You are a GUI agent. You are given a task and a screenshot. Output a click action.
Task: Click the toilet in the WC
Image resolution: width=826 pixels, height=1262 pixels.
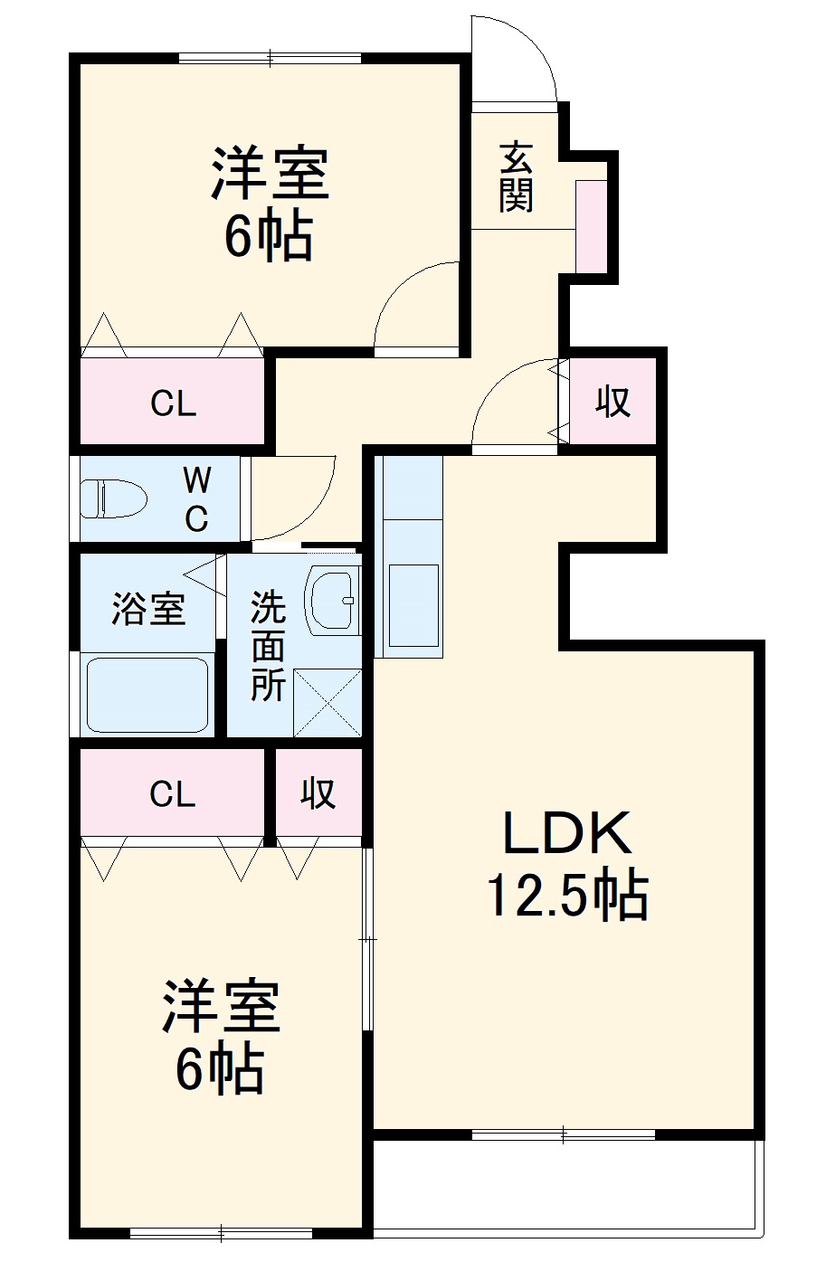(x=113, y=498)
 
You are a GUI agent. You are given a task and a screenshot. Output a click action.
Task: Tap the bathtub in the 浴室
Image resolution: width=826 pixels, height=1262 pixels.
(x=147, y=694)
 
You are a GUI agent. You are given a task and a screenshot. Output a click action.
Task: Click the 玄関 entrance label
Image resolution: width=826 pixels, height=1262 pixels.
(x=516, y=177)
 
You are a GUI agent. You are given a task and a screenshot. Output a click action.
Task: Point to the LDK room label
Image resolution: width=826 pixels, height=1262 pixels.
(x=566, y=834)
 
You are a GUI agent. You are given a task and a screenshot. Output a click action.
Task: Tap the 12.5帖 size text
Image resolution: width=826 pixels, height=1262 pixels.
(x=567, y=896)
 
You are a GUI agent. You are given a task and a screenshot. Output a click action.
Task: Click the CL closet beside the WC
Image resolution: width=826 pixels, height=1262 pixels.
(x=173, y=403)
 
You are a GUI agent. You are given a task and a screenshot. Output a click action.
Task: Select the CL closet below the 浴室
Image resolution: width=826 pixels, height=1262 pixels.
(x=173, y=793)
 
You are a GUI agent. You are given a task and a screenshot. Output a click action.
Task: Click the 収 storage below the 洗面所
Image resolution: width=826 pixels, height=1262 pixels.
(x=318, y=793)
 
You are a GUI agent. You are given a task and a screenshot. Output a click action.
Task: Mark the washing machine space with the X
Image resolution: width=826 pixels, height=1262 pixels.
(x=328, y=702)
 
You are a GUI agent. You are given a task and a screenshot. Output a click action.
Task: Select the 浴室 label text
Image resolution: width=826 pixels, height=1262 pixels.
(x=148, y=608)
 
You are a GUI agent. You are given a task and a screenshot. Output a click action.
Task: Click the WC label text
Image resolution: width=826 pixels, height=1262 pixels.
(x=196, y=498)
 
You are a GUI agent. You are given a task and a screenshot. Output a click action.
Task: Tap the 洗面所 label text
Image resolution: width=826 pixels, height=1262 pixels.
(x=269, y=646)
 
